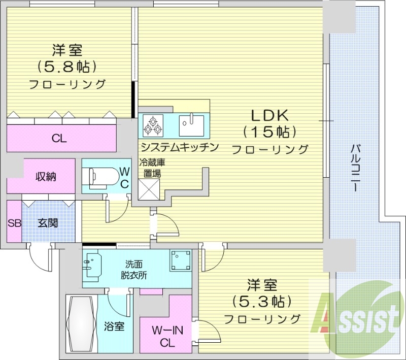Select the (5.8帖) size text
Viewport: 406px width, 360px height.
click(66, 67)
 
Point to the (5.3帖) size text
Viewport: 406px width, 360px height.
click(261, 301)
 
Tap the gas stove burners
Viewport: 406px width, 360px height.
click(153, 125)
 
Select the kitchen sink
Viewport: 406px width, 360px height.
click(192, 123)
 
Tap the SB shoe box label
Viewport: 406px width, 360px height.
click(14, 223)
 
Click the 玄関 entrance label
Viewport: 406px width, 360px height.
click(47, 223)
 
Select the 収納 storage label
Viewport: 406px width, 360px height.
click(45, 177)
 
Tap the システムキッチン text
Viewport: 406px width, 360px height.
click(179, 147)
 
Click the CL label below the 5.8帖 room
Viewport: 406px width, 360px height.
click(59, 138)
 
